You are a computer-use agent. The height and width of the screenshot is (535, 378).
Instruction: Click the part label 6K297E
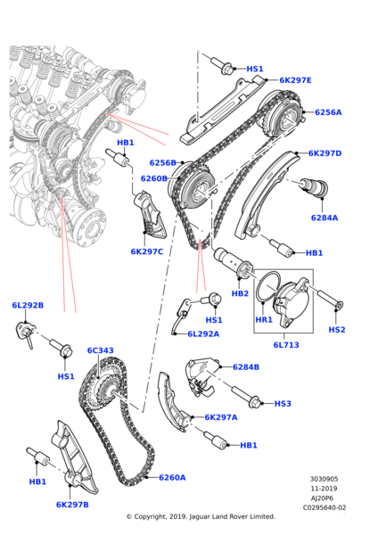[x=295, y=80]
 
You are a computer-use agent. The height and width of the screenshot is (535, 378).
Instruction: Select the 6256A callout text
[x=327, y=112]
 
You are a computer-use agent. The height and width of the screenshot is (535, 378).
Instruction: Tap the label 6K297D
[x=325, y=153]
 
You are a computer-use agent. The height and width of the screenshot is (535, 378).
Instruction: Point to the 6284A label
[x=324, y=218]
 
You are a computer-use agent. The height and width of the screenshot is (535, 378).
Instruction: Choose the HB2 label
[x=240, y=293]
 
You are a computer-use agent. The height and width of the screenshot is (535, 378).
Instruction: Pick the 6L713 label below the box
[x=286, y=343]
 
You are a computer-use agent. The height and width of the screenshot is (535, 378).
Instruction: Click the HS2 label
[x=336, y=330]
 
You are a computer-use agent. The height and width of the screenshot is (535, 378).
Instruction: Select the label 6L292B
[x=28, y=305]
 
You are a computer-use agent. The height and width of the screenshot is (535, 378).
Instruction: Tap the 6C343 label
[x=100, y=350]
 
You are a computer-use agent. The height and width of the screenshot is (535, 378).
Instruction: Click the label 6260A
[x=172, y=477]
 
